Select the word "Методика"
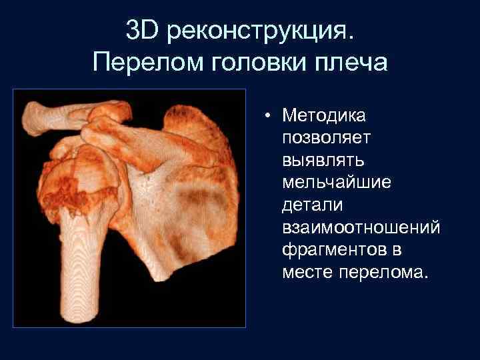point(323,116)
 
